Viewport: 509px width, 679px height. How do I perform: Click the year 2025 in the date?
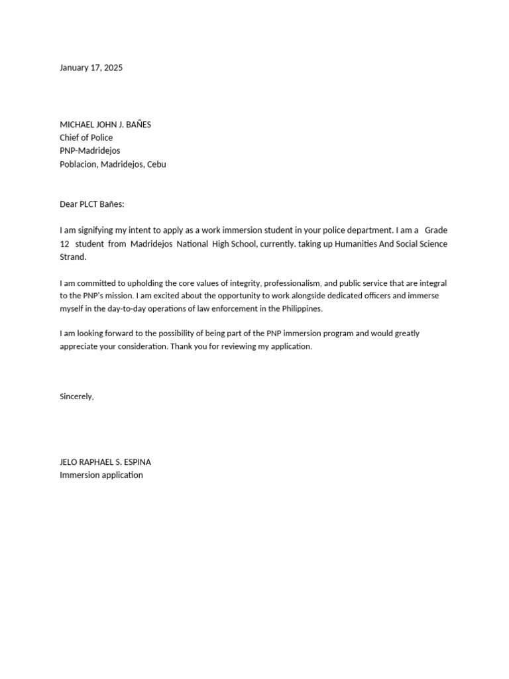click(113, 68)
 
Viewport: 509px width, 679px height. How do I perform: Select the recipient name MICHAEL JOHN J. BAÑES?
click(105, 125)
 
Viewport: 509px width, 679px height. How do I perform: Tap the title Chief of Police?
click(86, 138)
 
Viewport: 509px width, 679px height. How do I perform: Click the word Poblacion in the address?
click(79, 164)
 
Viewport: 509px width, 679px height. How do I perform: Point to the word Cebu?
click(156, 164)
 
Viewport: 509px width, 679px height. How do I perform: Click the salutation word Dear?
click(69, 204)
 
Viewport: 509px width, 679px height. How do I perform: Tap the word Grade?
click(436, 231)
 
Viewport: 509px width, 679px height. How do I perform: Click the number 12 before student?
click(65, 244)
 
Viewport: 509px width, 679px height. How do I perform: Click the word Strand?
click(73, 257)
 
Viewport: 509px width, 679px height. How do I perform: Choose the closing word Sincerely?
click(76, 397)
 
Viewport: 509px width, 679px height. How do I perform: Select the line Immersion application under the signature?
click(101, 475)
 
